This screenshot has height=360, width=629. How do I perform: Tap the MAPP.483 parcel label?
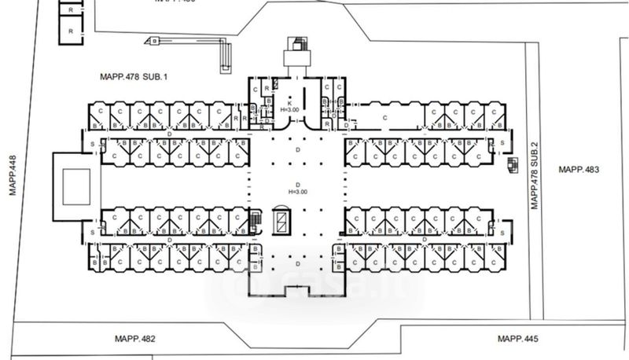coord(578,170)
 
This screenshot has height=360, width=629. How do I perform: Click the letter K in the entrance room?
coord(288,103)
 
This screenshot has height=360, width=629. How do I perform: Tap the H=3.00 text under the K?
coord(288,111)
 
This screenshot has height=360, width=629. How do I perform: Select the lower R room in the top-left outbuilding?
coord(71,31)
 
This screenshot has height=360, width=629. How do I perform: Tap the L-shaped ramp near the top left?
coord(224,53)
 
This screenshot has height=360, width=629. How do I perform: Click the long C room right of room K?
coord(385,118)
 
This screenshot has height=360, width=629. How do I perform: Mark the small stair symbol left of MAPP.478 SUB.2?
coord(513,164)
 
